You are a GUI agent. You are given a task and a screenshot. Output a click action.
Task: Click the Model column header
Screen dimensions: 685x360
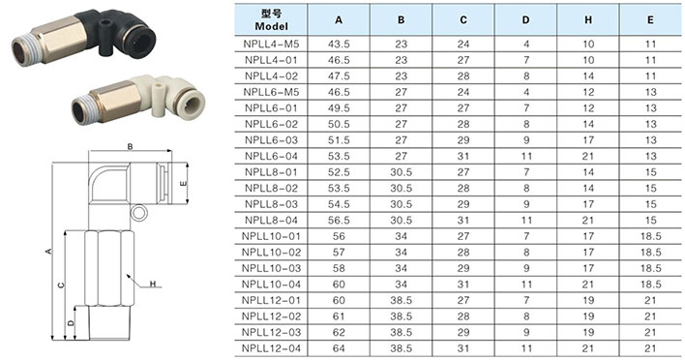(x=271, y=19)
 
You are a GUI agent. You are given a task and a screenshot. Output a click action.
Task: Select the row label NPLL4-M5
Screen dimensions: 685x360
(x=271, y=45)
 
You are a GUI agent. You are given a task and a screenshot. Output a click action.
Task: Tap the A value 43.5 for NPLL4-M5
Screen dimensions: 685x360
(x=339, y=45)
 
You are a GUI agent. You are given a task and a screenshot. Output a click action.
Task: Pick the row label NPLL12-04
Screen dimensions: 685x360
(x=271, y=348)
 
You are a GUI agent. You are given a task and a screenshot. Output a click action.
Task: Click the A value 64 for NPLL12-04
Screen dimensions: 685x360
(x=339, y=348)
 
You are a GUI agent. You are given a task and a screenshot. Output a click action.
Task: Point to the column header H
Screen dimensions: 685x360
(x=588, y=20)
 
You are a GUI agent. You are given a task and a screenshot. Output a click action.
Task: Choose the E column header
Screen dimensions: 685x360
(x=650, y=20)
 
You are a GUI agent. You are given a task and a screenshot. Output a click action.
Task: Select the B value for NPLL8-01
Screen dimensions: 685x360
(x=402, y=172)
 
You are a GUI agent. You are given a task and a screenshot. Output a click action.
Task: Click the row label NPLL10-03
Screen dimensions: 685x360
(x=271, y=268)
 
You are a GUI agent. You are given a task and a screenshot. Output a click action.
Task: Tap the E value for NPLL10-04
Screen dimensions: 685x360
(x=650, y=285)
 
